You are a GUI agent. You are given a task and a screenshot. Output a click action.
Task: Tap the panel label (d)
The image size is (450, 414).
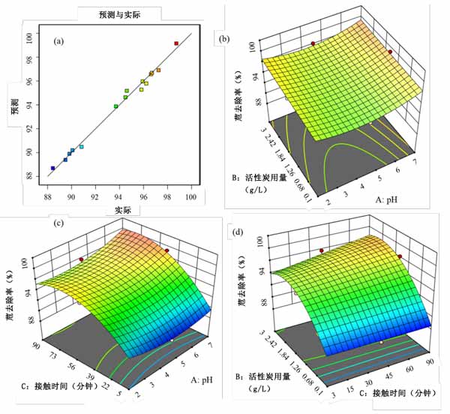[x=238, y=231]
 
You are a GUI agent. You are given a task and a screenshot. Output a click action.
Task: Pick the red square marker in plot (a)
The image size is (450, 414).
[x=176, y=43]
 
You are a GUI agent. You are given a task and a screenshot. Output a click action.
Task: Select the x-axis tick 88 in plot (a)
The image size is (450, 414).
[x=47, y=198]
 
